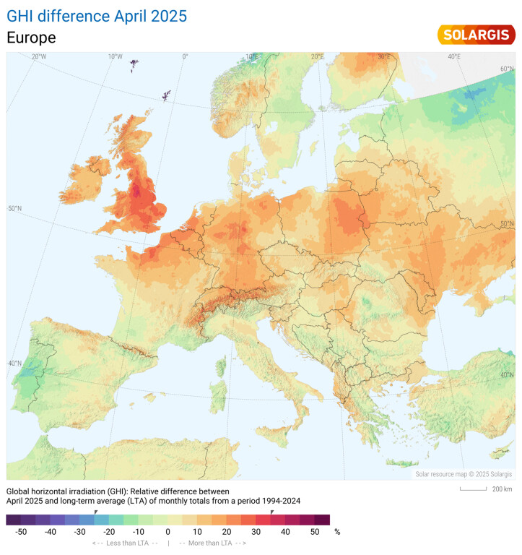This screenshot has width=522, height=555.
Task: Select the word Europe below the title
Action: [31, 38]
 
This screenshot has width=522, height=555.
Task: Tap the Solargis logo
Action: [476, 35]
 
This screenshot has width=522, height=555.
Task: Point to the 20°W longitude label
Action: [39, 57]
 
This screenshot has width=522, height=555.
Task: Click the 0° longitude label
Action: [185, 57]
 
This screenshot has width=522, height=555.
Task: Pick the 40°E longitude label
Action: [454, 57]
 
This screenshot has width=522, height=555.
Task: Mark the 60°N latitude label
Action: [508, 69]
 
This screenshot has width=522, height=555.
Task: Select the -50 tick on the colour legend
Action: [21, 532]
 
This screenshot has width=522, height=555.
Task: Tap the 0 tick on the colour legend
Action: [168, 532]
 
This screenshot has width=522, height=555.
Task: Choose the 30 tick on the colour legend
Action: [256, 532]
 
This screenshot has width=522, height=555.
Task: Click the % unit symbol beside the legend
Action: [336, 532]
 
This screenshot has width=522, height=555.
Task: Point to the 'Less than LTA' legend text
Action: [125, 543]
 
